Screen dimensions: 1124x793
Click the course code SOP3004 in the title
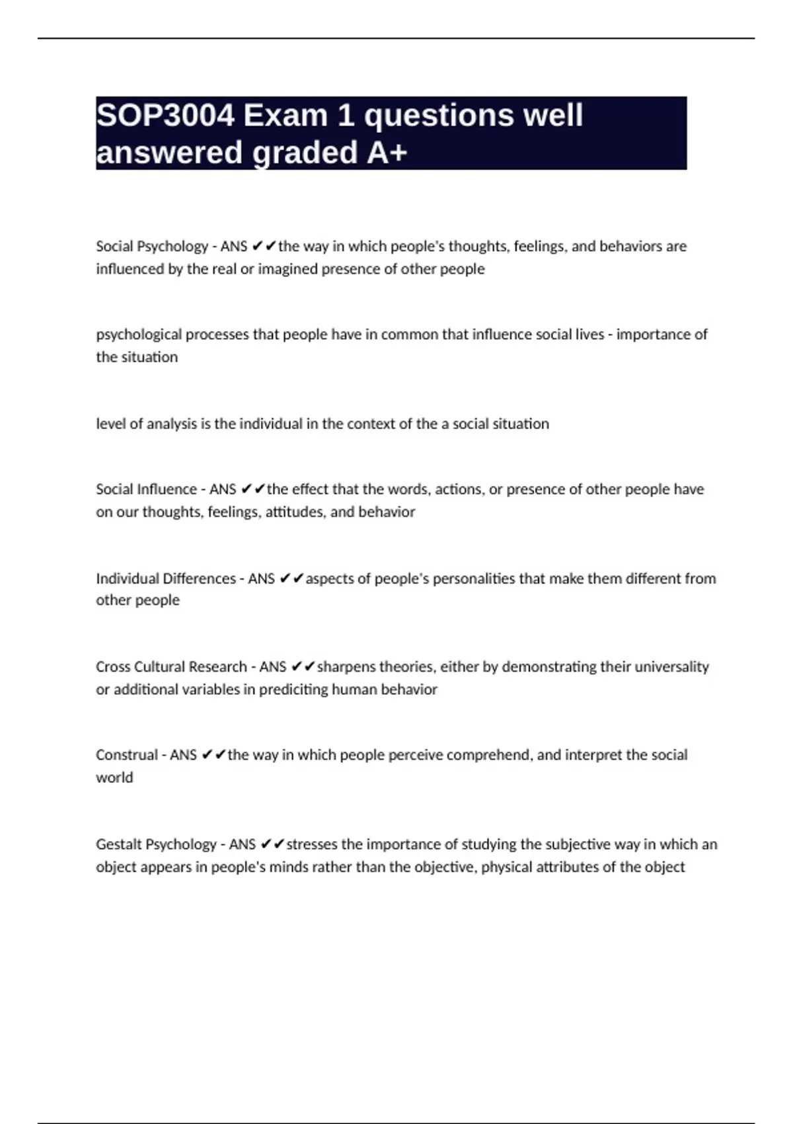[x=165, y=116]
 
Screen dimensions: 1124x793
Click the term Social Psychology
[x=152, y=247]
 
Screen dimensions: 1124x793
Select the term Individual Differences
[x=166, y=579]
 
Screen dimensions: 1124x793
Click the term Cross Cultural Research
[x=171, y=666]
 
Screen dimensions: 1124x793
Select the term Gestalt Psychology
[x=156, y=844]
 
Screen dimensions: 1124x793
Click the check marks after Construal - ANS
[x=214, y=755]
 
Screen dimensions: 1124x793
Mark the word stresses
[x=312, y=844]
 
